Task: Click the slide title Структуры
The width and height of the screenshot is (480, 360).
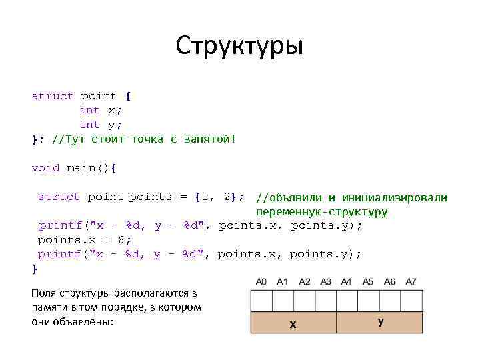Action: (x=239, y=47)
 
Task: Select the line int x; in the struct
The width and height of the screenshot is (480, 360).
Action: (x=101, y=110)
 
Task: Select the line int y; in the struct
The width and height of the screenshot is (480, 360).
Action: (x=101, y=125)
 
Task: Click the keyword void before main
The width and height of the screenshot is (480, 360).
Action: (x=46, y=168)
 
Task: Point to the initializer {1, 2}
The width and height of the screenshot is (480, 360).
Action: (x=219, y=197)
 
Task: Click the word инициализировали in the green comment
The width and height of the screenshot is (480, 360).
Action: (x=394, y=197)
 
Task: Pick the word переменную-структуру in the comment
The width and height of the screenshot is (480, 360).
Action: (x=321, y=212)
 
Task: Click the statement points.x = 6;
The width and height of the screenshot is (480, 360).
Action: (x=84, y=240)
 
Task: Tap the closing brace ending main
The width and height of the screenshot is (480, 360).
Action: (x=35, y=269)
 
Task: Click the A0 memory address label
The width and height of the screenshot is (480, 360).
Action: (x=261, y=282)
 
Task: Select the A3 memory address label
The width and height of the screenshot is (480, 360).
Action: (x=325, y=282)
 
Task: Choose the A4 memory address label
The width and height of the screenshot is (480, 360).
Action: (x=347, y=282)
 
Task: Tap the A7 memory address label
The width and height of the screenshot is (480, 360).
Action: (x=411, y=282)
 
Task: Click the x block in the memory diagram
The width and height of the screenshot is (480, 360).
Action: (x=293, y=323)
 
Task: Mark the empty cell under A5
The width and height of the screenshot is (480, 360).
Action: (x=369, y=301)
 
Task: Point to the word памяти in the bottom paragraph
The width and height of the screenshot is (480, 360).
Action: (x=47, y=307)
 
